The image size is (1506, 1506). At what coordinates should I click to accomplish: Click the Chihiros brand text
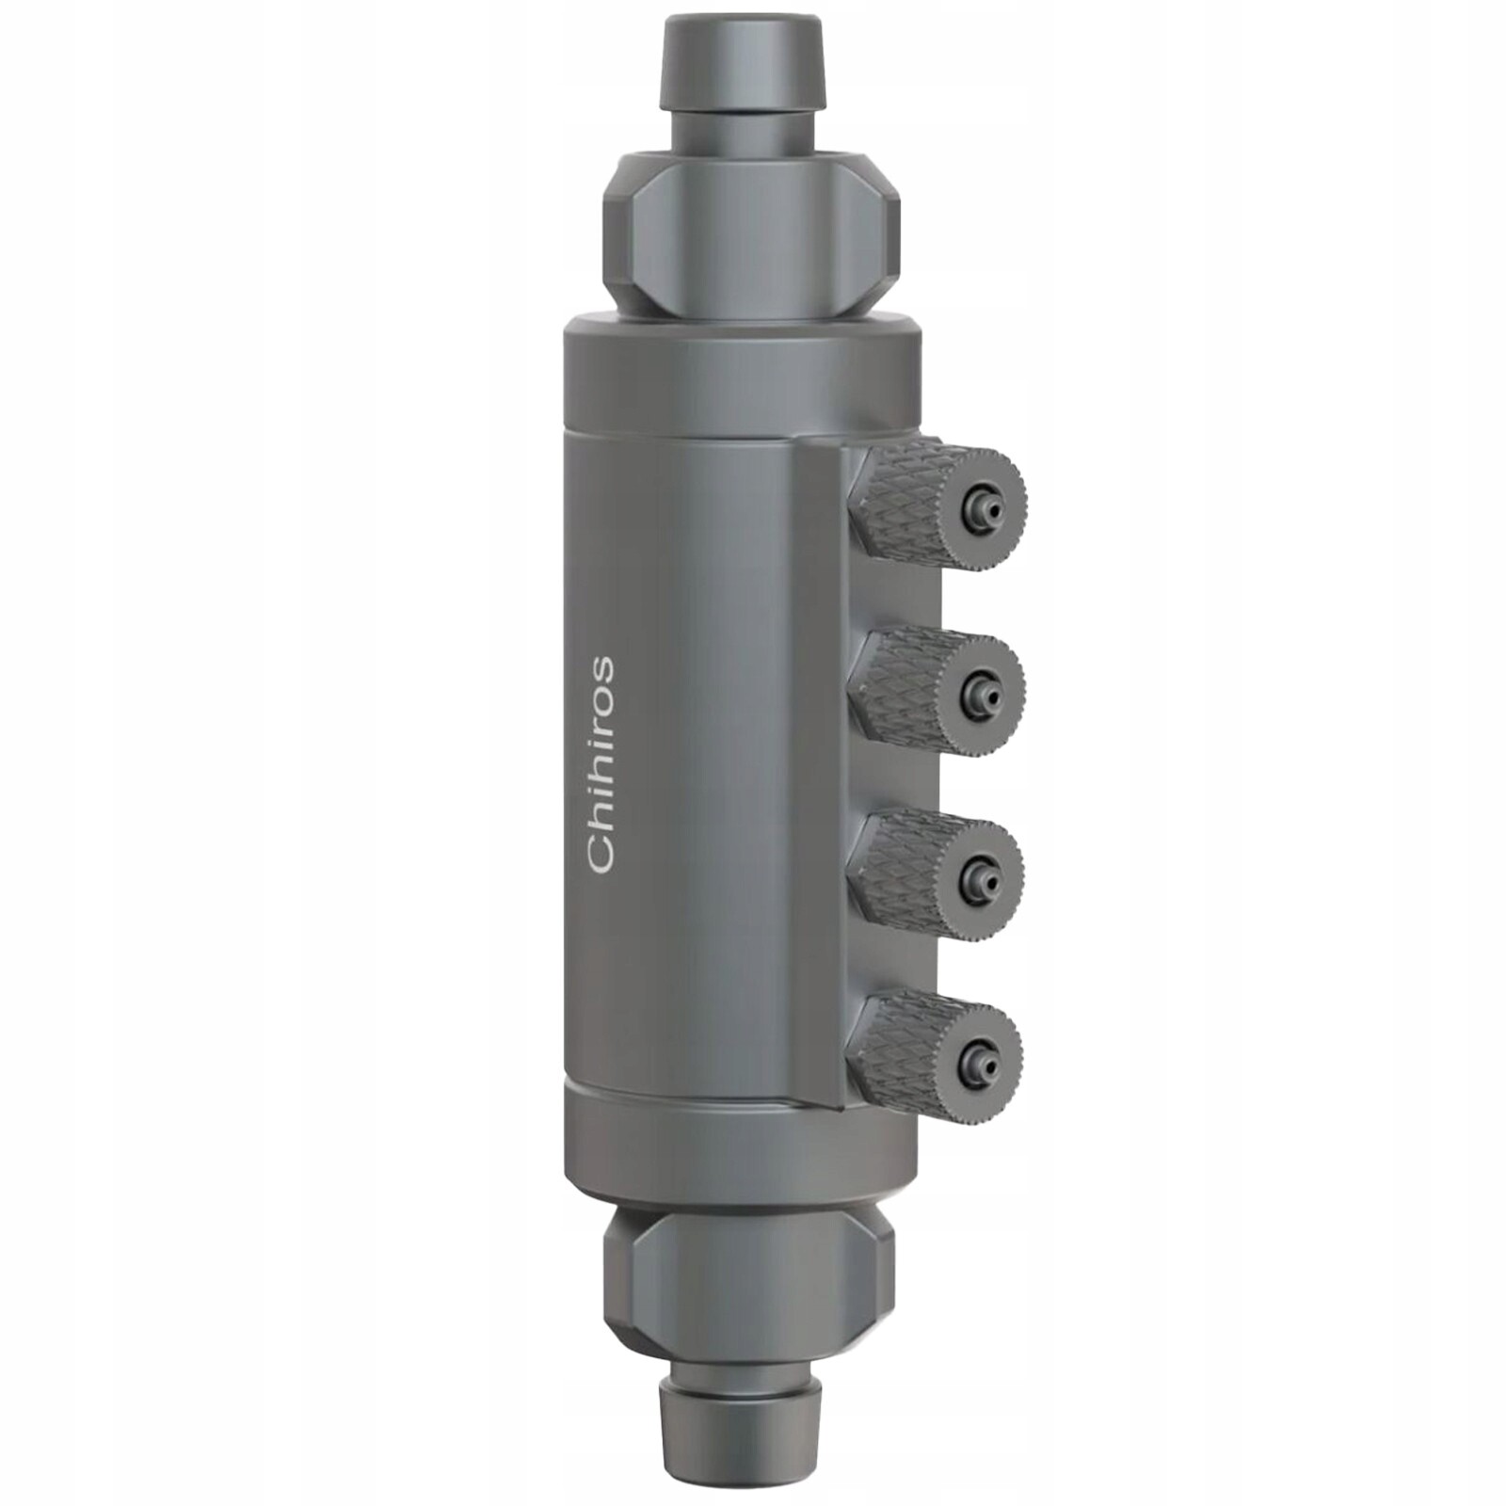(x=600, y=764)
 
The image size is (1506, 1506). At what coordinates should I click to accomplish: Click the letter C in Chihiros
(x=600, y=852)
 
